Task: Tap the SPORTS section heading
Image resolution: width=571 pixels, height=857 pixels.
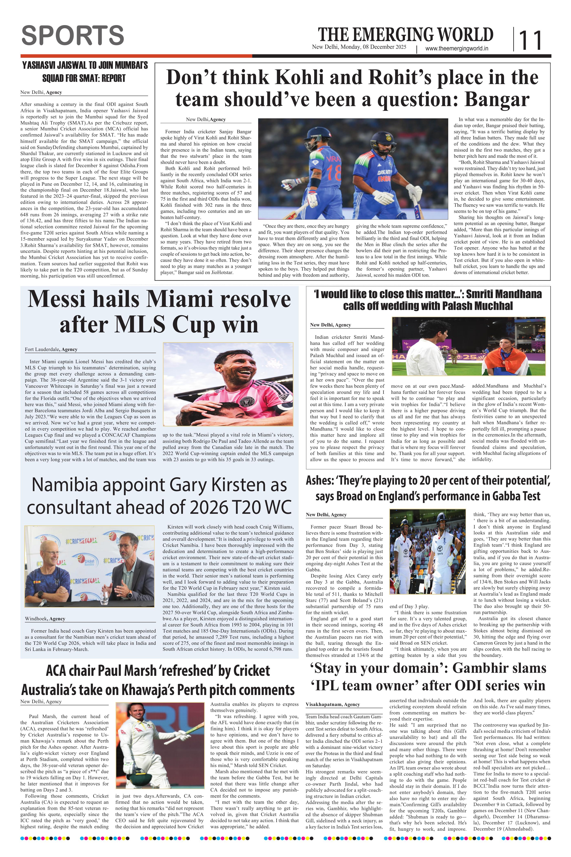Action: tap(73, 35)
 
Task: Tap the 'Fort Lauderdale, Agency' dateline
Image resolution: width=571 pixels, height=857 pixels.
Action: tap(51, 349)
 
